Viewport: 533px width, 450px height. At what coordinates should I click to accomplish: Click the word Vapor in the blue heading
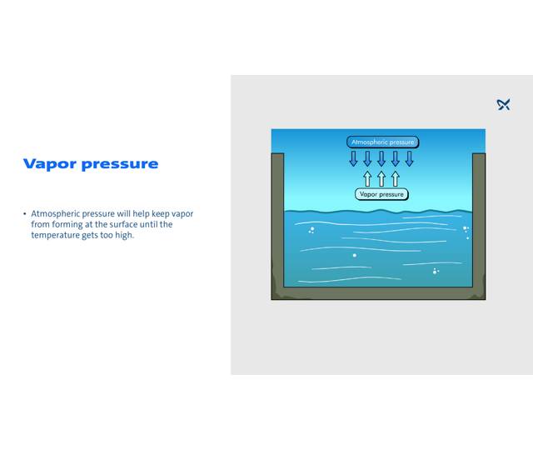click(x=51, y=164)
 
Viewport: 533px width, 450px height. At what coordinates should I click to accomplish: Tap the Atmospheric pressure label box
click(x=382, y=142)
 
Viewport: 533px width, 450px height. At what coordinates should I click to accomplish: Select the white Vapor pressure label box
click(x=381, y=194)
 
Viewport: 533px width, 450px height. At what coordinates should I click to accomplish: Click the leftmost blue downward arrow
click(x=353, y=158)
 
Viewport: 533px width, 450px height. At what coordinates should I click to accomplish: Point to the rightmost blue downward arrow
click(x=409, y=158)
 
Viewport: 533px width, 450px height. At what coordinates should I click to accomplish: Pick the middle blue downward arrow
click(x=381, y=158)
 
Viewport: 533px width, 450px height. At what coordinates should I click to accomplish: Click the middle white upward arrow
click(x=381, y=178)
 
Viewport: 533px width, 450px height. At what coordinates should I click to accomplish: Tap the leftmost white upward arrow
click(x=367, y=178)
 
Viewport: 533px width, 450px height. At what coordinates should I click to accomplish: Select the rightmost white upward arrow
click(x=396, y=178)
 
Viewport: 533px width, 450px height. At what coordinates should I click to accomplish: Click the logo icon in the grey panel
click(x=503, y=104)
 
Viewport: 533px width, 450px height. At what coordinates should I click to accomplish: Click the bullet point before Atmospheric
click(x=25, y=214)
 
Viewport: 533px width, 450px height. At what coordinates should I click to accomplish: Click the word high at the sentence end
click(x=124, y=235)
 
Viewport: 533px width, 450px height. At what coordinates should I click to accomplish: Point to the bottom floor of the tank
click(x=378, y=293)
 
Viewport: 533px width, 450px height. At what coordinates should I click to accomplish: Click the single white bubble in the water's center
click(x=354, y=255)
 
